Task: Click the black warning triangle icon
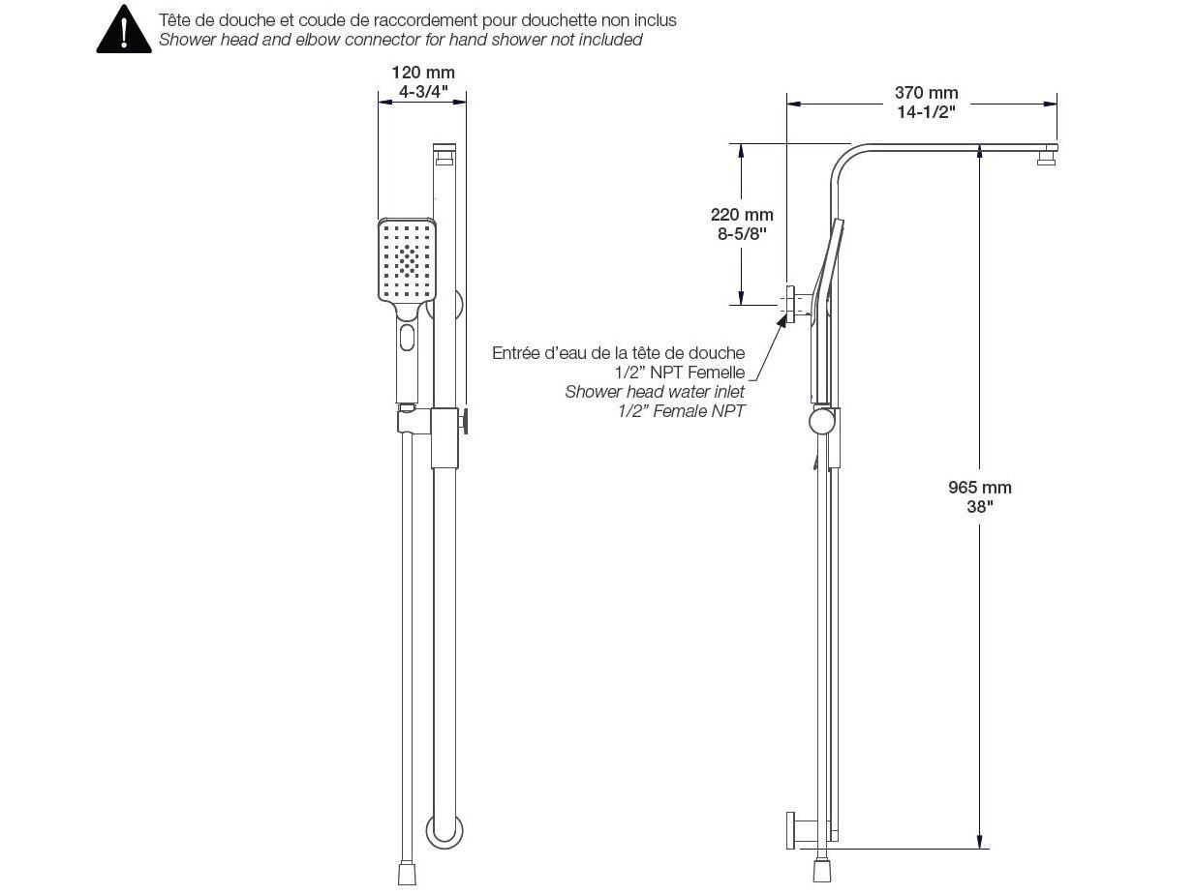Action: [x=123, y=30]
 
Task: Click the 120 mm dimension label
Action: [x=422, y=73]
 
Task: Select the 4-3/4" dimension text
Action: [x=422, y=92]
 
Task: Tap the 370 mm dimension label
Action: [x=926, y=93]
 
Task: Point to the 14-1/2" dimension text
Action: [x=926, y=111]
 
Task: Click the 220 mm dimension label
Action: [x=742, y=215]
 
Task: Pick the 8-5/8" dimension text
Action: [x=742, y=233]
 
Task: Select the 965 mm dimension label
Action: [x=979, y=488]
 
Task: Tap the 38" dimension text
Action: [x=979, y=506]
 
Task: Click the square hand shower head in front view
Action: [x=409, y=261]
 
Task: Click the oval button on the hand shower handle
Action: [x=407, y=339]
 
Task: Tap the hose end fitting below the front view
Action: [x=408, y=873]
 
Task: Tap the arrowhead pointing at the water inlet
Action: [x=781, y=321]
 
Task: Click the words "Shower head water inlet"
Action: [x=655, y=392]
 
